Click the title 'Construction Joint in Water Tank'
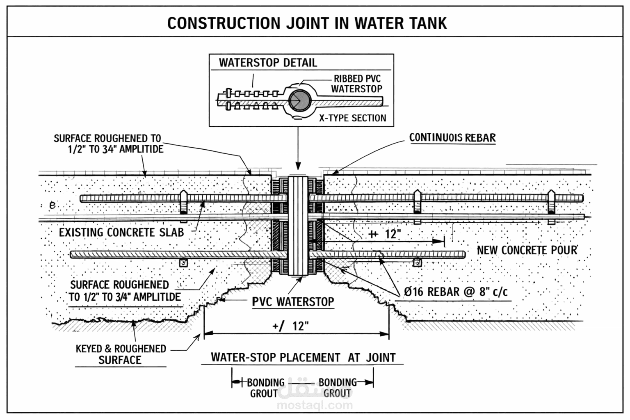point(307,23)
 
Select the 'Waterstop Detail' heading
point(268,63)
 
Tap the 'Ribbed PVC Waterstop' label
point(357,84)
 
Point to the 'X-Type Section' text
point(353,118)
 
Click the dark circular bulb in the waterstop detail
point(300,101)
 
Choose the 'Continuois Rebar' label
point(452,138)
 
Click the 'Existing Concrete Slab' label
point(121,233)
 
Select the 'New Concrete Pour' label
point(527,250)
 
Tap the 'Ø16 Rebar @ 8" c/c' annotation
point(456,292)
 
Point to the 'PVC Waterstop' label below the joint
point(293,302)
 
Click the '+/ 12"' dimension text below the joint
point(290,326)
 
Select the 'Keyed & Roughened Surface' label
point(121,354)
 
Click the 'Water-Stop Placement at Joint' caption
point(303,358)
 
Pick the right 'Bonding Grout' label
point(338,388)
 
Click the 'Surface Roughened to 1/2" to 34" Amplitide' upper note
point(109,144)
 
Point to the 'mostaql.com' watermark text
point(315,406)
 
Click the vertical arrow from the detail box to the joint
point(298,148)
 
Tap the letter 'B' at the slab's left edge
point(52,205)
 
